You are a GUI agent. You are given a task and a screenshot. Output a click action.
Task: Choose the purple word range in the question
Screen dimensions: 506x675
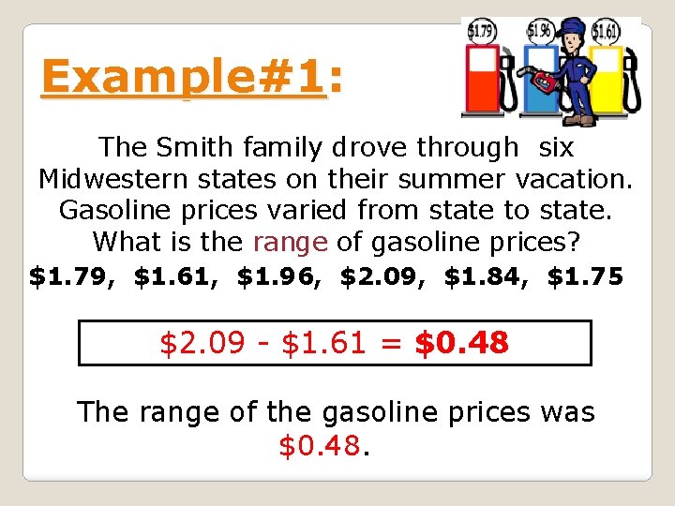tap(290, 242)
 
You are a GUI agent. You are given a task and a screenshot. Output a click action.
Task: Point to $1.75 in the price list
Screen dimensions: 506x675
tap(584, 277)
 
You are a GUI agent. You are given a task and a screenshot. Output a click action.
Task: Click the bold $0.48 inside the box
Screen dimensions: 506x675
tap(461, 343)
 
